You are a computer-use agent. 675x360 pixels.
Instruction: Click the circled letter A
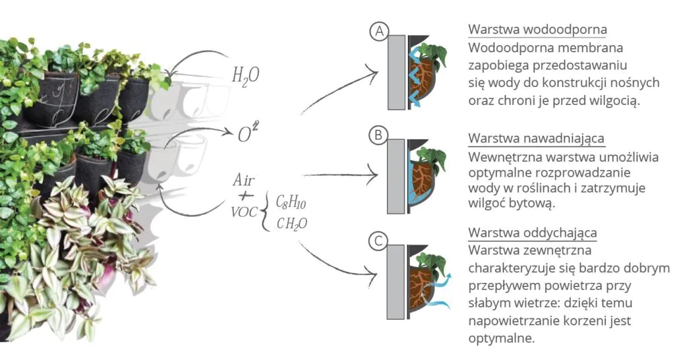click(x=380, y=31)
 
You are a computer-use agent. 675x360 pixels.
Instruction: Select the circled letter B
click(x=378, y=136)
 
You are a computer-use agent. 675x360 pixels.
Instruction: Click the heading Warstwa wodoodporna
click(x=537, y=30)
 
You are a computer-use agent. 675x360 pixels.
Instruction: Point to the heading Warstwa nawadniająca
click(x=536, y=138)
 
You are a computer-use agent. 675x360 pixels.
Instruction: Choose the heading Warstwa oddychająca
click(x=533, y=233)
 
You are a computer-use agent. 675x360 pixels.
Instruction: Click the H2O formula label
click(x=245, y=75)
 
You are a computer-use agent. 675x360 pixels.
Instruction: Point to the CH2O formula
click(x=291, y=224)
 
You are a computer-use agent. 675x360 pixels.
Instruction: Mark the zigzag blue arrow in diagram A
click(x=416, y=76)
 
